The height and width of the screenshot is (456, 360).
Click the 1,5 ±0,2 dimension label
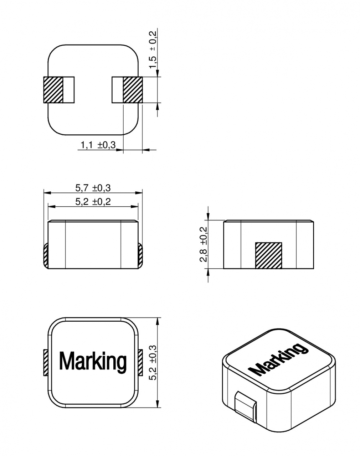click(153, 50)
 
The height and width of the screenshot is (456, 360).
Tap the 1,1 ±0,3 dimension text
click(98, 145)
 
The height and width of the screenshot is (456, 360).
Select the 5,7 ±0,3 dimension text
click(93, 188)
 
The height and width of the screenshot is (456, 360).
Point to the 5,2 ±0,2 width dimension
click(93, 202)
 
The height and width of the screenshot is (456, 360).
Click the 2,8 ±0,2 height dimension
click(203, 244)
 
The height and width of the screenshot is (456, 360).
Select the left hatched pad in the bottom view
click(53, 90)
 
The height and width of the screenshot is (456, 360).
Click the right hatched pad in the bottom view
click(133, 90)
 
